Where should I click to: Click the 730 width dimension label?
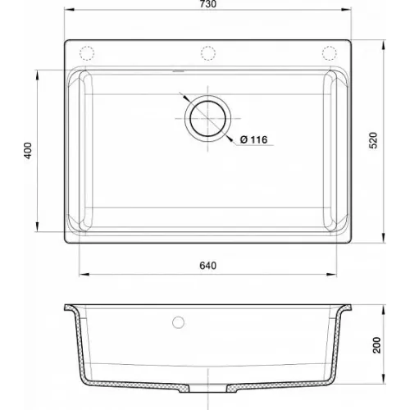coord(207,4)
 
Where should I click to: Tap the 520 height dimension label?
coord(373,140)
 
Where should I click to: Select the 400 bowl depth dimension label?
coord(28,150)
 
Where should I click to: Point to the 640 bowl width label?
coord(207,266)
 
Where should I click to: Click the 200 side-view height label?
coord(377,345)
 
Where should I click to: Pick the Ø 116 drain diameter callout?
coord(253,139)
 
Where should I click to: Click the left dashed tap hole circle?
coord(87,53)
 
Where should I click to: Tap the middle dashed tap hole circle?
coord(208,53)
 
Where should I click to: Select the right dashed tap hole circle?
coord(329,53)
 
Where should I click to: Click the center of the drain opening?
coord(208,119)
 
